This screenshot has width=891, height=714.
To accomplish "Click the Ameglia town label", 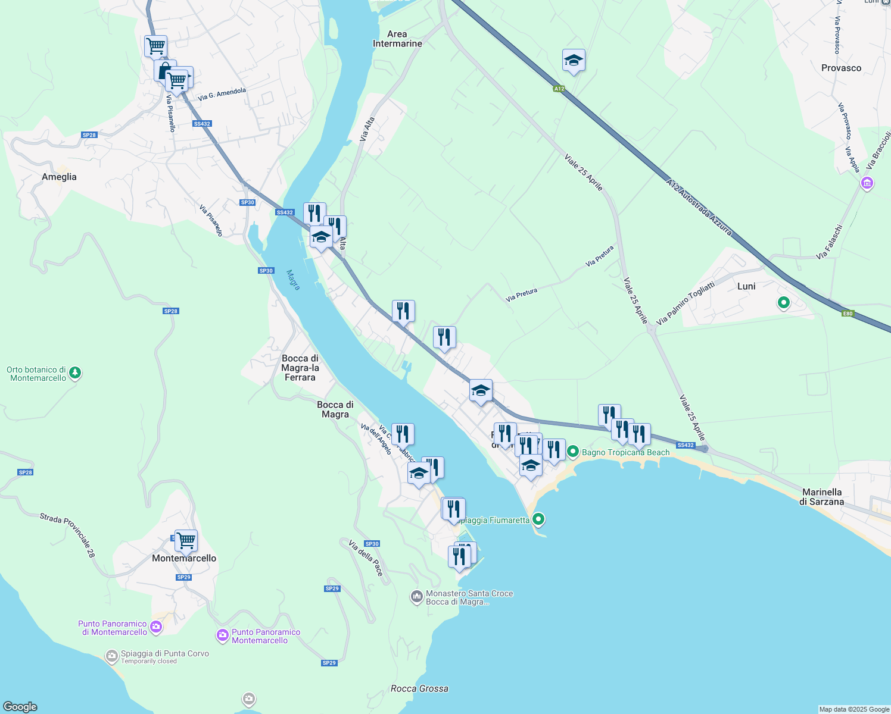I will click(x=59, y=177).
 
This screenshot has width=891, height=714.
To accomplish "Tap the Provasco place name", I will click(x=841, y=68).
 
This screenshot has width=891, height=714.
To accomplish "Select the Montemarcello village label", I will click(x=184, y=558).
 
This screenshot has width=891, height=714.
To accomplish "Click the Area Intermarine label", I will click(x=397, y=39).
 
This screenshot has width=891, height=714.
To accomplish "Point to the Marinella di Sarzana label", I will click(x=822, y=497).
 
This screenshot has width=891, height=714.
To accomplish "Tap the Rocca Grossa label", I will click(x=419, y=688).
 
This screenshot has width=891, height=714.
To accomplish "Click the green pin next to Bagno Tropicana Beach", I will click(x=572, y=452).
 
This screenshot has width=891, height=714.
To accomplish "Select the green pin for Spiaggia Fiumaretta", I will click(x=538, y=519).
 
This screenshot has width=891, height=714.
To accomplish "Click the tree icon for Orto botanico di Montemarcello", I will click(x=75, y=373).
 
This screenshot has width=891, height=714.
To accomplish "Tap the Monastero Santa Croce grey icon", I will click(x=417, y=596).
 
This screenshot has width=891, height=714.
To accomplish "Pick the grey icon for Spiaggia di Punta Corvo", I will click(x=111, y=656).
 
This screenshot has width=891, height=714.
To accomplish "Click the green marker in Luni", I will click(x=784, y=303).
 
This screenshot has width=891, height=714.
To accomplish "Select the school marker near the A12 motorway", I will click(x=574, y=61).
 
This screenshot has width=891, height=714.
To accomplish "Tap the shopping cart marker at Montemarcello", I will click(x=186, y=540).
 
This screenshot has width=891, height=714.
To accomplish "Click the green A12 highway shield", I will click(x=558, y=89).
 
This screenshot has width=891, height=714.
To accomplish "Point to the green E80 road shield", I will click(x=848, y=314).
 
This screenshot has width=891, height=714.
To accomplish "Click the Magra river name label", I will click(x=293, y=280).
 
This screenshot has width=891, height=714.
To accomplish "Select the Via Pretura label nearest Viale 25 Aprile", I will click(x=599, y=256).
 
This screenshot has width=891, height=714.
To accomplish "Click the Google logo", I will click(x=20, y=707).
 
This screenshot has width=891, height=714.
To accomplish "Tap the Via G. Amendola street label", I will click(x=222, y=94).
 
